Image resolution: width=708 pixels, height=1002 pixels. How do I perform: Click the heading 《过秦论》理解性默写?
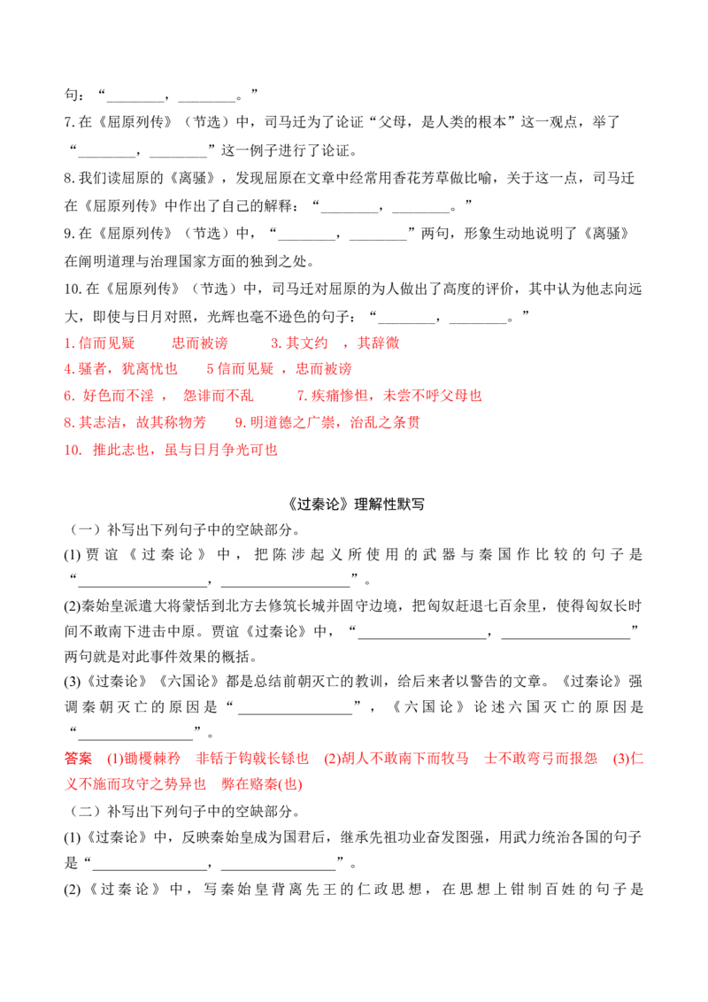(355, 505)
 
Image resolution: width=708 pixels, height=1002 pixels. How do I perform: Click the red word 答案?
(78, 759)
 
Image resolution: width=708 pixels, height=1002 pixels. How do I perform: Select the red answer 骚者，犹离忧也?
(120, 369)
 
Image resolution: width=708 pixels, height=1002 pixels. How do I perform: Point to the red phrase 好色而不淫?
(119, 397)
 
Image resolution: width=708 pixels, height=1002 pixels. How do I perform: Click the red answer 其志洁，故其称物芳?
(135, 422)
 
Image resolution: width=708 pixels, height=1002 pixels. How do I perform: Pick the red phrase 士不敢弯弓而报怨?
(541, 759)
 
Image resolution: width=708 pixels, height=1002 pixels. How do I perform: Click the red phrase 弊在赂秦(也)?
(262, 784)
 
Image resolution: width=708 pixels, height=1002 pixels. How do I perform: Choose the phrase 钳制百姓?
(543, 890)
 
